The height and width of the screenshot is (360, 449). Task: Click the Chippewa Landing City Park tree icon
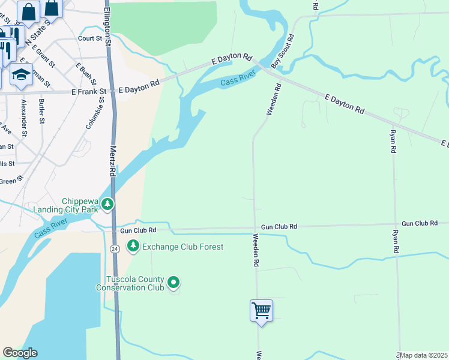pos(107,205)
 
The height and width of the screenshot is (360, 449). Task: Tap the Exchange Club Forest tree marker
pos(132,246)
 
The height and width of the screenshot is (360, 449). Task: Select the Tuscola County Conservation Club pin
pos(173,281)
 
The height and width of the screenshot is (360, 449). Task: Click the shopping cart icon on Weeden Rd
pos(261,311)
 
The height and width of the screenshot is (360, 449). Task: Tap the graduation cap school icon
pos(21,75)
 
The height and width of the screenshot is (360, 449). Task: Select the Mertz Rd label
pos(112,159)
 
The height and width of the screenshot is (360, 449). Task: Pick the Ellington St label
pos(107,28)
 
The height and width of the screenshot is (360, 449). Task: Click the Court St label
pos(90,38)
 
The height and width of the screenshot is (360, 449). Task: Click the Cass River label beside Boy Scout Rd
pos(238,79)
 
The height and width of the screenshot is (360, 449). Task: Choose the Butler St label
pos(42,112)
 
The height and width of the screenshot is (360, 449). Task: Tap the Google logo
pos(20,353)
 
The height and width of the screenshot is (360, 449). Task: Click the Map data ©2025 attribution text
pos(423,355)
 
